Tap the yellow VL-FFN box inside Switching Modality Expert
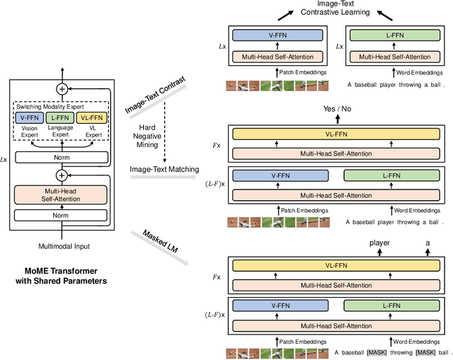point(91,117)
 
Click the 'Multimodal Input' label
point(62,247)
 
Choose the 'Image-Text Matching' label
point(163,168)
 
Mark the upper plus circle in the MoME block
point(62,88)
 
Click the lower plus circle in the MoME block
point(62,175)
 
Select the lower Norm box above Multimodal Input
point(62,215)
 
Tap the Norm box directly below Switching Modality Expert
point(62,157)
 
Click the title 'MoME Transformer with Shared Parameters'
point(62,277)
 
